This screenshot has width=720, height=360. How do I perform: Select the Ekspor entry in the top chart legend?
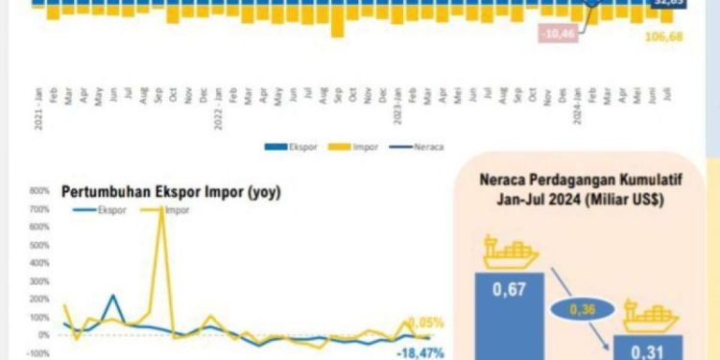click(x=279, y=148)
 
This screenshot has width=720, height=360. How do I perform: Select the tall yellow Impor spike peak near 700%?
click(x=160, y=208)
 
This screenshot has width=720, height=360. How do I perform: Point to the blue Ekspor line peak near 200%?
click(x=114, y=296)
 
